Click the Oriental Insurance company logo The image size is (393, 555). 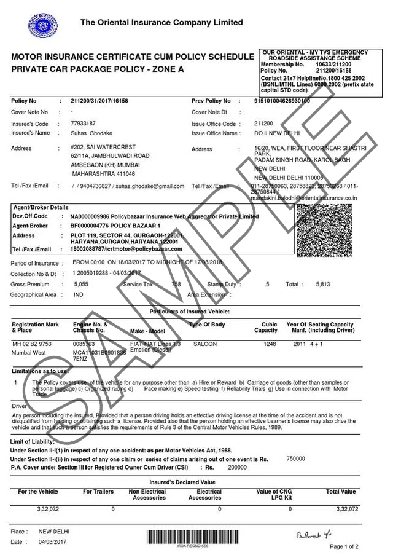41,26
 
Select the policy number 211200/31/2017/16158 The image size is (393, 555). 99,101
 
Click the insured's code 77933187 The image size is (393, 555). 84,124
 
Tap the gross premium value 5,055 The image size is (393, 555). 81,285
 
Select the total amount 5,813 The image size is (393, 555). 323,285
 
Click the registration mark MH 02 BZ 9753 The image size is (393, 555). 32,344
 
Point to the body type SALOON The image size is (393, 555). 205,344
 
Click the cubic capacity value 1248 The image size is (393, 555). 270,344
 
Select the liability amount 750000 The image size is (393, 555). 296,459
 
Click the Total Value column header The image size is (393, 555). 341,492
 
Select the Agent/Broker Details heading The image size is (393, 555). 41,208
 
